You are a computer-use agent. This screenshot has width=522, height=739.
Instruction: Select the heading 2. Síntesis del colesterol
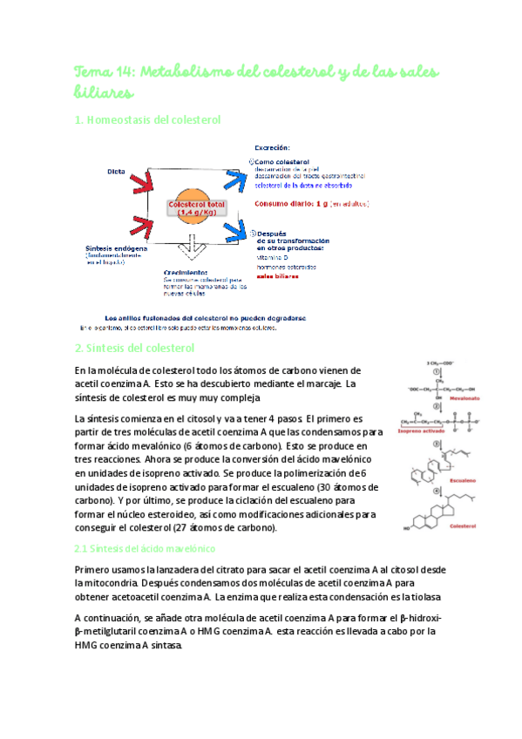pyautogui.click(x=134, y=349)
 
